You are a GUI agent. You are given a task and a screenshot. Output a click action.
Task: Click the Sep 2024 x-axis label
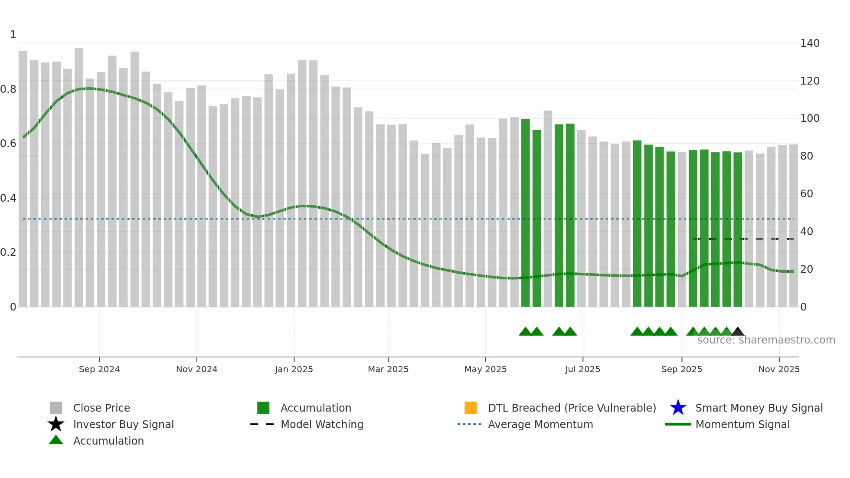pyautogui.click(x=99, y=369)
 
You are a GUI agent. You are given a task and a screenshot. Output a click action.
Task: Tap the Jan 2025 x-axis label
pyautogui.click(x=294, y=369)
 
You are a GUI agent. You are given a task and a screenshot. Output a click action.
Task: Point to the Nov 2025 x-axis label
pyautogui.click(x=779, y=369)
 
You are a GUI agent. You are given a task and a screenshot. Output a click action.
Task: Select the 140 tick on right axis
pyautogui.click(x=810, y=43)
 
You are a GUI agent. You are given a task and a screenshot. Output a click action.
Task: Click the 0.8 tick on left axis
pyautogui.click(x=8, y=89)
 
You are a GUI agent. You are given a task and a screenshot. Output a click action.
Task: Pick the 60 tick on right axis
pyautogui.click(x=806, y=194)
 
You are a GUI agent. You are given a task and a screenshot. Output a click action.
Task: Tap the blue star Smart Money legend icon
pyautogui.click(x=678, y=408)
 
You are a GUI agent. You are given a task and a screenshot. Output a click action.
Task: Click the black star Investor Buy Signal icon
pyautogui.click(x=56, y=424)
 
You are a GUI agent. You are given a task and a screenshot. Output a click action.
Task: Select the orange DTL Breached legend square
pyautogui.click(x=471, y=408)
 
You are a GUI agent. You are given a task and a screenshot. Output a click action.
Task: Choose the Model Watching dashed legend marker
pyautogui.click(x=262, y=424)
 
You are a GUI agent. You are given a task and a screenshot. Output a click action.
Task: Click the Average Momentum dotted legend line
pyautogui.click(x=469, y=424)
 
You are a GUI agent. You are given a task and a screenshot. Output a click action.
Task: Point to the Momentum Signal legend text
pyautogui.click(x=742, y=424)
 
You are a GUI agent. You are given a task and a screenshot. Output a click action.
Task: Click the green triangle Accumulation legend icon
pyautogui.click(x=56, y=440)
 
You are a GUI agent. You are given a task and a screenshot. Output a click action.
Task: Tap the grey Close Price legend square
pyautogui.click(x=56, y=408)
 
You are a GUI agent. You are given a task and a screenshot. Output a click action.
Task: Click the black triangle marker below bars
pyautogui.click(x=738, y=332)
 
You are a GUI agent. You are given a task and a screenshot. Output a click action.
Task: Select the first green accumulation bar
pyautogui.click(x=525, y=213)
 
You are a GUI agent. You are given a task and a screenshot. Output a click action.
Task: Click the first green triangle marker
pyautogui.click(x=525, y=332)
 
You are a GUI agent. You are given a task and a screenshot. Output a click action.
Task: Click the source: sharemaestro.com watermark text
pyautogui.click(x=766, y=340)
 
